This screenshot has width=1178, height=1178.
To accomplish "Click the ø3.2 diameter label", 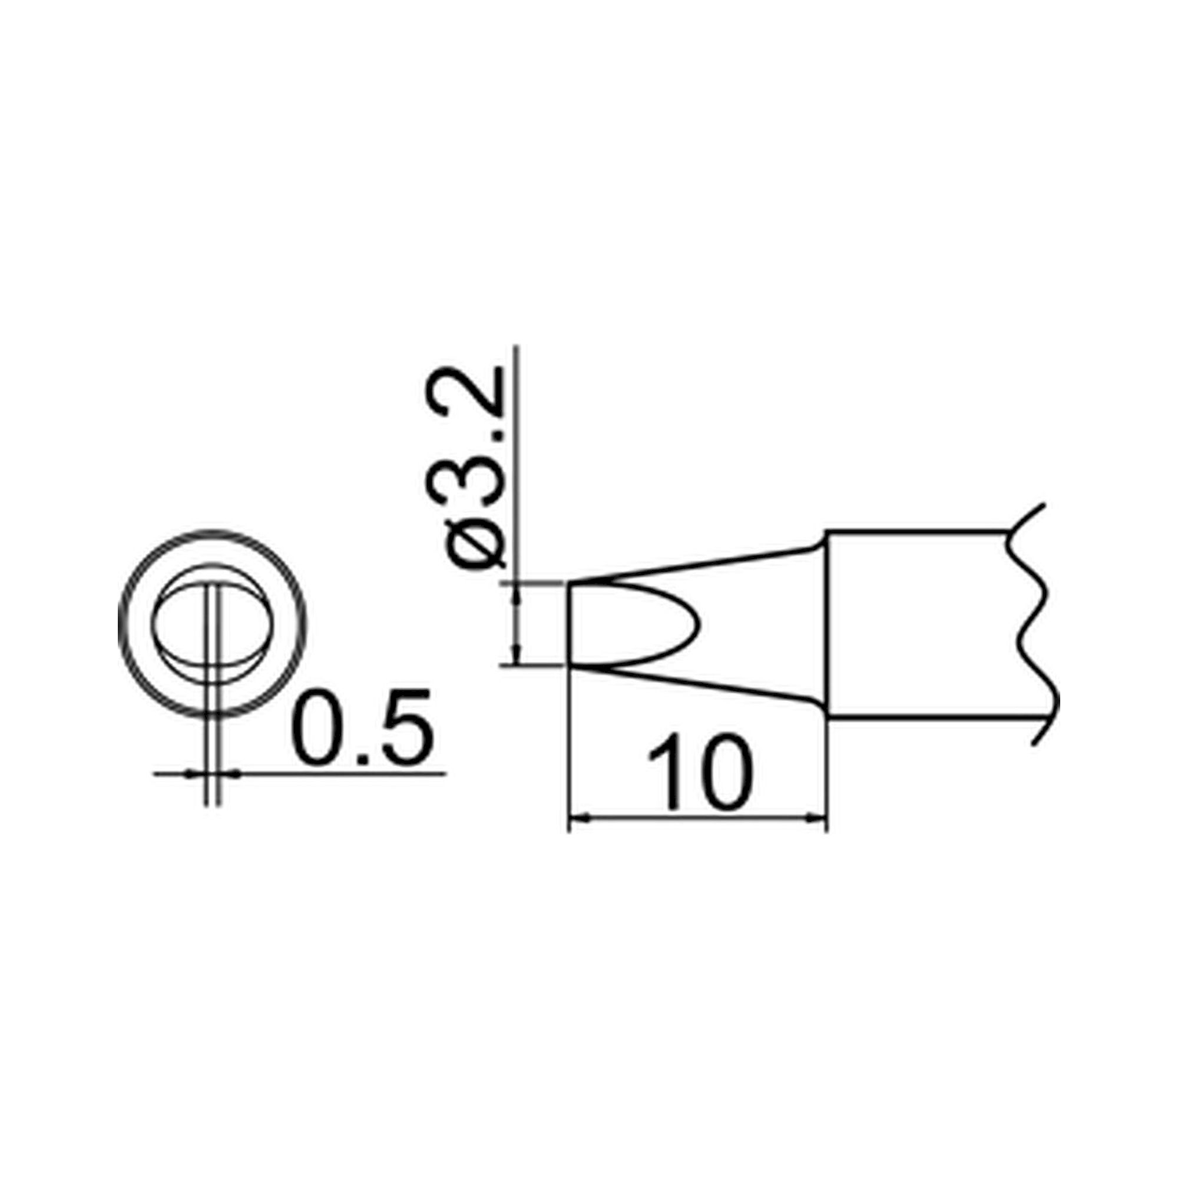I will (475, 466).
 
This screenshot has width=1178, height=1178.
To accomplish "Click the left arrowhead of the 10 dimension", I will (576, 820).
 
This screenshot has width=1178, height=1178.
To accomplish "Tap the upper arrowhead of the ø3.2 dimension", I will (518, 591).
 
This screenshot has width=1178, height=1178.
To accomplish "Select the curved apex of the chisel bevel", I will (698, 624).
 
